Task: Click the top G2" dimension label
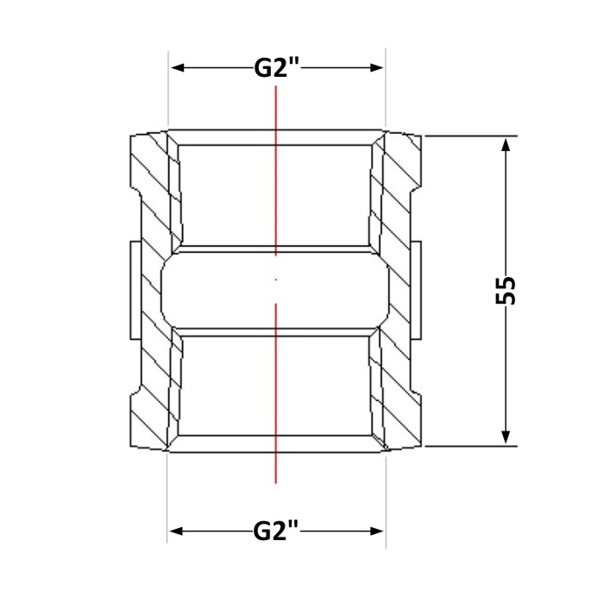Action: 277,68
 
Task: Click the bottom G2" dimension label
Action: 276,532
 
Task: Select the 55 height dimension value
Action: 505,291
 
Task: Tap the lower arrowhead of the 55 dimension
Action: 506,436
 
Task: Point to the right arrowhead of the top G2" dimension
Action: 375,68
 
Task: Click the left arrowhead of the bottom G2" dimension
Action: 178,532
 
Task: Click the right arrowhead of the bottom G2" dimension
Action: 376,532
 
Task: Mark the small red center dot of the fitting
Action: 276,280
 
